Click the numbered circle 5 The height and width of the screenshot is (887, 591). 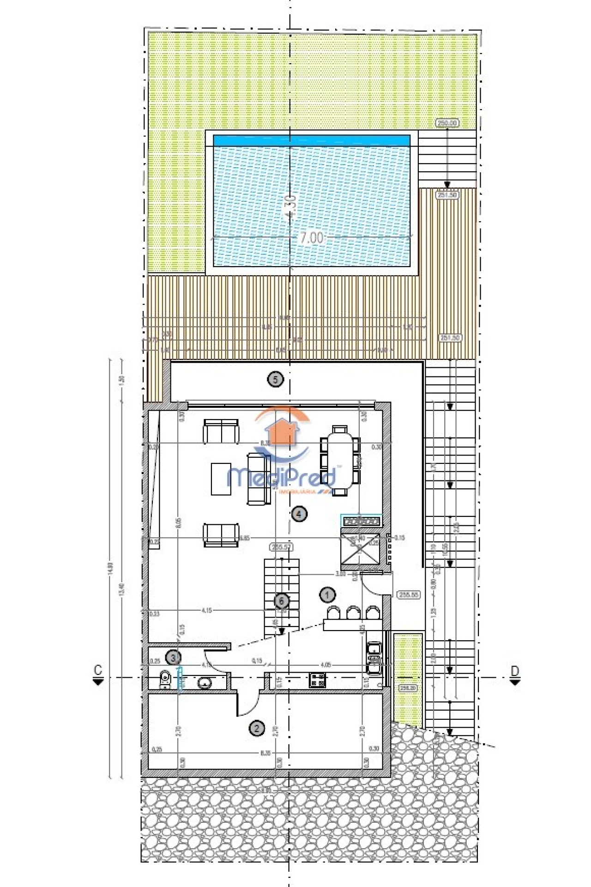[276, 380]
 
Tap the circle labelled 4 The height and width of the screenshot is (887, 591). [299, 514]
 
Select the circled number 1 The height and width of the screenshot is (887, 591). [327, 595]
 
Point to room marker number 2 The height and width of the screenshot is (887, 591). [257, 729]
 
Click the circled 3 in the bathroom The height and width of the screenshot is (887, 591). [173, 657]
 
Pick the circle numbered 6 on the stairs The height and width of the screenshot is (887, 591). [281, 601]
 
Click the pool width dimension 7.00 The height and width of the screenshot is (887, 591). [312, 238]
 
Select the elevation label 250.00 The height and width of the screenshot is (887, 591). [447, 123]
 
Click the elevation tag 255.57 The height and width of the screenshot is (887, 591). [281, 547]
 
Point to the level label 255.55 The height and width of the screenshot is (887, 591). [408, 595]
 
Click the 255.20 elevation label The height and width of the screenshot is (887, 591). [408, 688]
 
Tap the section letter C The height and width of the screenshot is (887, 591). [98, 670]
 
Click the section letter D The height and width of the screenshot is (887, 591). [515, 671]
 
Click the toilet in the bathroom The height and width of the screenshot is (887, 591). [164, 679]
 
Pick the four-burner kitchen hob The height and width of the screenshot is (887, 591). [317, 680]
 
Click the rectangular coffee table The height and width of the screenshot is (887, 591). [221, 479]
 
